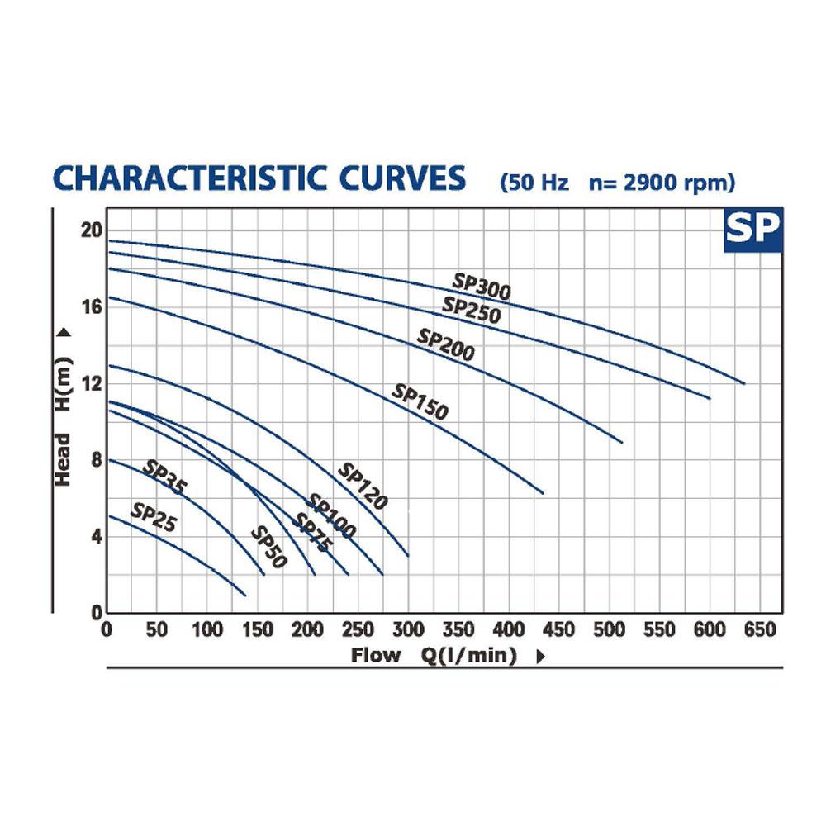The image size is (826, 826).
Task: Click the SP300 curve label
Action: [x=482, y=287]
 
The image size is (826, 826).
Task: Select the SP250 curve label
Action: [x=472, y=311]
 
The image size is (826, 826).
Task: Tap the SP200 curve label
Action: [x=446, y=345]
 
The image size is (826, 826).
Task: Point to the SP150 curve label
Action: [x=420, y=402]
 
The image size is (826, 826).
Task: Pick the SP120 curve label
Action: [x=363, y=486]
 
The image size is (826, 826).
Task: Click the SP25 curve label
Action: [x=154, y=517]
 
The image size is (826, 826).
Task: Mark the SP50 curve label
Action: [x=268, y=548]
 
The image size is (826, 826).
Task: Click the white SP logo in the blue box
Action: [x=752, y=228]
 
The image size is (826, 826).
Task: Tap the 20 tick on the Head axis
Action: [x=91, y=230]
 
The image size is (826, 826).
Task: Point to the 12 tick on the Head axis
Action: [x=92, y=383]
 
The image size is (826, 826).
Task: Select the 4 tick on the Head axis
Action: [x=97, y=537]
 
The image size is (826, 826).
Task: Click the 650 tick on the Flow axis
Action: [x=760, y=629]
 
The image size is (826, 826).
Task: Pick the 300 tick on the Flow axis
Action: [x=408, y=629]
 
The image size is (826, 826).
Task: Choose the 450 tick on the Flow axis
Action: [x=559, y=629]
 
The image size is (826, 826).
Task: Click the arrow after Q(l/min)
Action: [x=540, y=657]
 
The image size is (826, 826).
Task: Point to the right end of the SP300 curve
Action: [x=745, y=383]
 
